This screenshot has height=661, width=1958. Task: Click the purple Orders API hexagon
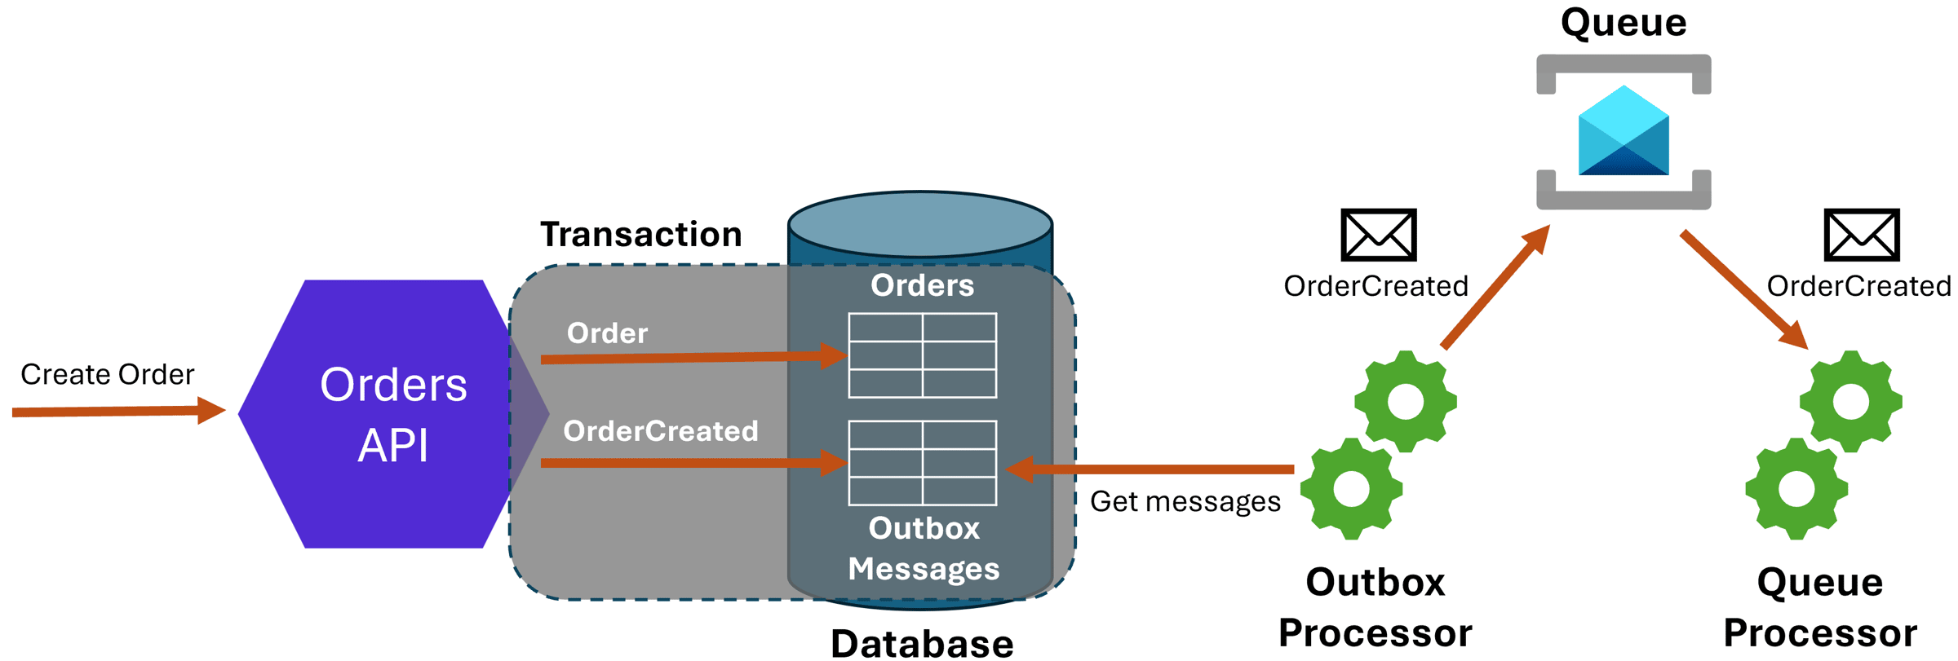tap(383, 414)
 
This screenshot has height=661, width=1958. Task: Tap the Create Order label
tap(107, 374)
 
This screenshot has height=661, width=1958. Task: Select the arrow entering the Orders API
tap(114, 412)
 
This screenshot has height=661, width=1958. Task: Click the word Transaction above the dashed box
tap(641, 235)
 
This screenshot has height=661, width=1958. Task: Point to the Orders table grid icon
tap(922, 355)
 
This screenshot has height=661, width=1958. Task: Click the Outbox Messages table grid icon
tap(922, 463)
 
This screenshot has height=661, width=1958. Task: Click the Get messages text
tap(1185, 501)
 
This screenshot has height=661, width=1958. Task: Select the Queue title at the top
tap(1624, 22)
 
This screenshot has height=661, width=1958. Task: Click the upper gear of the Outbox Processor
tap(1405, 402)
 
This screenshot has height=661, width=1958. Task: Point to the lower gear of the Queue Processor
tap(1796, 489)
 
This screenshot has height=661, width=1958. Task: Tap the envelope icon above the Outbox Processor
tap(1379, 235)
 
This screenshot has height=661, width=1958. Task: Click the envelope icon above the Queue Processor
tap(1862, 235)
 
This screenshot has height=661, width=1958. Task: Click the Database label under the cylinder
tap(922, 642)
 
